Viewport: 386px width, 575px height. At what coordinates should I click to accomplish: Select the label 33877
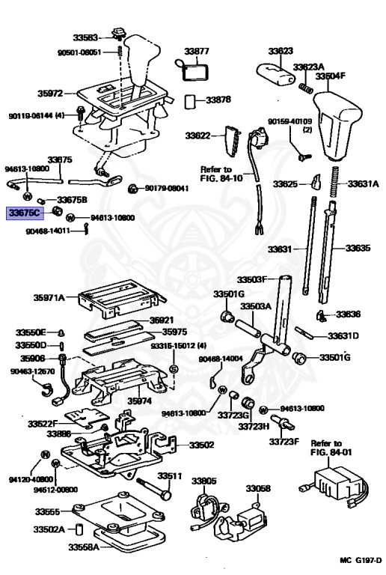click(197, 51)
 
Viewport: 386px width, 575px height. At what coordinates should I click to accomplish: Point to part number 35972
click(52, 94)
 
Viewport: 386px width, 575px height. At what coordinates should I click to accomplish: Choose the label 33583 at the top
click(86, 36)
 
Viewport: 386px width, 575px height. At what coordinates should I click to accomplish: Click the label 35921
click(161, 320)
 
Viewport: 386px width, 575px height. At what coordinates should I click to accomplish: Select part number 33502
click(200, 445)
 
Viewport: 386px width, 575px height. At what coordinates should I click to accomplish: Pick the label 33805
click(203, 481)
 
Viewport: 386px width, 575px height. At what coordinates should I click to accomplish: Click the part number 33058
click(259, 488)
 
